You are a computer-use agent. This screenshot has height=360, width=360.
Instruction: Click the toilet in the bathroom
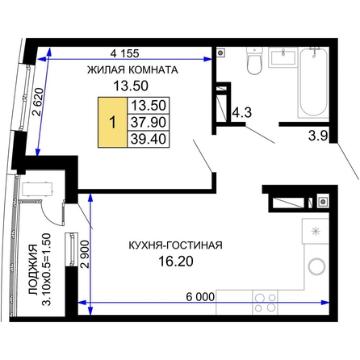254,61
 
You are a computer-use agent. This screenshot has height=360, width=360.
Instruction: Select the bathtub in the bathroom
313,82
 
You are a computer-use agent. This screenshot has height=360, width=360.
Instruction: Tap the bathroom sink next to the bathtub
283,57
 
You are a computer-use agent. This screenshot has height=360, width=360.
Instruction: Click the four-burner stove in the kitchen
265,302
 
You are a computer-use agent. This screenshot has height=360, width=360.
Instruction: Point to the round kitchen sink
316,266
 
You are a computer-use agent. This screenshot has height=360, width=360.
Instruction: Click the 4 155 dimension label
124,53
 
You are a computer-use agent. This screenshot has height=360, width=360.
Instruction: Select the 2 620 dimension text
38,102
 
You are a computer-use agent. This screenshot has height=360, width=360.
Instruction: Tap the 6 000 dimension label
200,297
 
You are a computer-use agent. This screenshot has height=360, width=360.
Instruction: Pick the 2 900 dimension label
85,254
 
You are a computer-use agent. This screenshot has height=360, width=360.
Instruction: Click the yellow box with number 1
112,122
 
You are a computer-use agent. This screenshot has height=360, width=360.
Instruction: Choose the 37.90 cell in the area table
149,122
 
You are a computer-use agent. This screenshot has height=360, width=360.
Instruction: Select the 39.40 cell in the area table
149,139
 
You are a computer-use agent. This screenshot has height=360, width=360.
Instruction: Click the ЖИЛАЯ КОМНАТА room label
132,70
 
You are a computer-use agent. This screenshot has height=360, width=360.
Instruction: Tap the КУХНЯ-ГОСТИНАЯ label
175,245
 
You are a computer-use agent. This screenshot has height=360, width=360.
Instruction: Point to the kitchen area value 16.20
176,262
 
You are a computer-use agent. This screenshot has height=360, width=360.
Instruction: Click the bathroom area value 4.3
242,112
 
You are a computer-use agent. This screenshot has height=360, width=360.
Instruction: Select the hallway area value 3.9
318,136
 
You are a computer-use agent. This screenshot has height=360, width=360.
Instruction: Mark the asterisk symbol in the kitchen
316,231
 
